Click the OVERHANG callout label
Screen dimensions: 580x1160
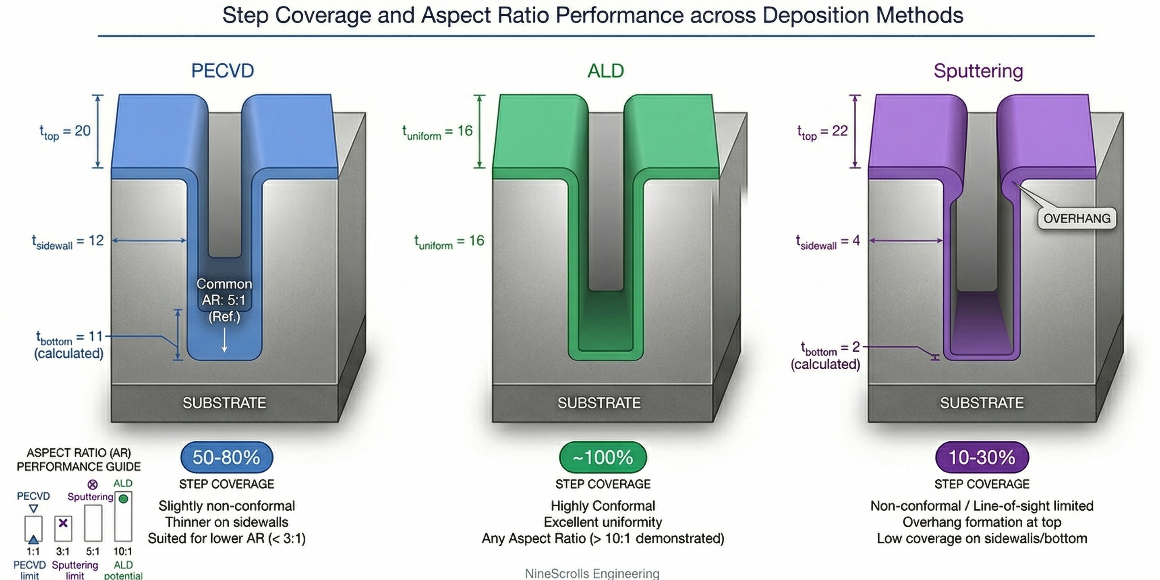click(1077, 218)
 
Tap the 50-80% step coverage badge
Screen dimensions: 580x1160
click(226, 457)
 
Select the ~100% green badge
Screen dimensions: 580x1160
click(603, 457)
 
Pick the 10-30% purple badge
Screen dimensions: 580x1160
click(982, 457)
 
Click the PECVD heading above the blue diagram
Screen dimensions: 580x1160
click(222, 71)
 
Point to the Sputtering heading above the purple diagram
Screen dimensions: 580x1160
click(978, 71)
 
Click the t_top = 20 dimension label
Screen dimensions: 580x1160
click(66, 131)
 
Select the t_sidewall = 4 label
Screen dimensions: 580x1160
click(828, 241)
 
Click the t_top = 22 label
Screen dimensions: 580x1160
click(822, 131)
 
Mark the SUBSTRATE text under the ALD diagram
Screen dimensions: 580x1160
click(599, 403)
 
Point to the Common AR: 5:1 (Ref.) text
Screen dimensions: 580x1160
click(224, 300)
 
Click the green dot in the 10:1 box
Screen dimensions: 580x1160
click(123, 499)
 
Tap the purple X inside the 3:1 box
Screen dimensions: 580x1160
click(63, 523)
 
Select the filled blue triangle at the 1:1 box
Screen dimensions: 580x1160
click(33, 539)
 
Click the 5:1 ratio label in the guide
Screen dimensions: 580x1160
click(93, 551)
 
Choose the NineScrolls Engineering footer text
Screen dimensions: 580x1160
click(592, 573)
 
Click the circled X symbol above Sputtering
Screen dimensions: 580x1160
click(92, 485)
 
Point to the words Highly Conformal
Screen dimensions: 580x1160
click(603, 506)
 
